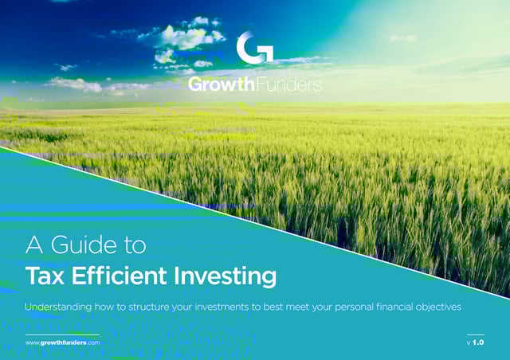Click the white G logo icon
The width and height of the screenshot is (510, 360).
coord(255,48)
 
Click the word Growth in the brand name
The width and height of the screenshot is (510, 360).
coord(222,84)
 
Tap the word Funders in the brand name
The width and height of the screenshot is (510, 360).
coord(289,84)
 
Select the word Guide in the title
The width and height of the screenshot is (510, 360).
coord(84,245)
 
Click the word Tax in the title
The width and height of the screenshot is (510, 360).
coord(45,276)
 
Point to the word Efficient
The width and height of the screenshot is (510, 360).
coord(120,276)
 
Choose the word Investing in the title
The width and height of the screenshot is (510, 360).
coord(225,276)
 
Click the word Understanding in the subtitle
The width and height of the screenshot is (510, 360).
coord(58,307)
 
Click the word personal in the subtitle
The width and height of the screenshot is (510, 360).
coord(354,307)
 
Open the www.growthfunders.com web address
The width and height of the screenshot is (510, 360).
coord(62,342)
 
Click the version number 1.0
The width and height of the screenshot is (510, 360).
coord(478,342)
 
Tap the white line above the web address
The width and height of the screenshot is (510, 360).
coord(62,335)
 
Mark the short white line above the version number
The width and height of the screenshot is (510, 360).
coord(476,335)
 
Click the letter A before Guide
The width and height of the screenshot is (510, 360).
coord(34,245)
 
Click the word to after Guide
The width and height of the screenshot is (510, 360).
coord(135,245)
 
